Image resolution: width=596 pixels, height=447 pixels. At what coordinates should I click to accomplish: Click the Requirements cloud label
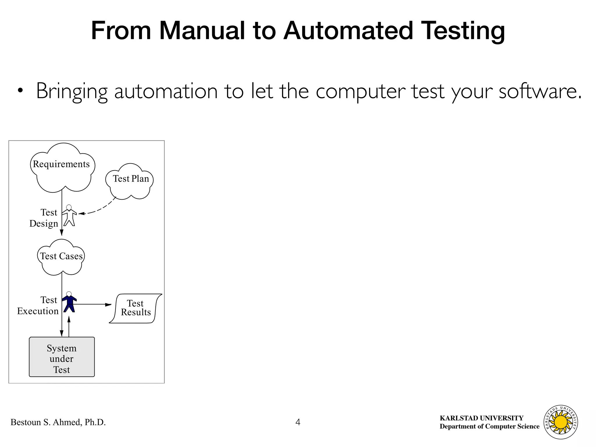(x=61, y=164)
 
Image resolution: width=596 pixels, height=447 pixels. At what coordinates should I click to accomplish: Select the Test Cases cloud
(x=61, y=256)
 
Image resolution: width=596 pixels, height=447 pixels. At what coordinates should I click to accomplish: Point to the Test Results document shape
(x=136, y=308)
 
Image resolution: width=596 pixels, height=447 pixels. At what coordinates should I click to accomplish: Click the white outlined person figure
(x=69, y=216)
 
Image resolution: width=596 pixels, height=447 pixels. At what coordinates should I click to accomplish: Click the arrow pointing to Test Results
(x=93, y=305)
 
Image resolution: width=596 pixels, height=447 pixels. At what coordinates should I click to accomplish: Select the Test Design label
(x=44, y=218)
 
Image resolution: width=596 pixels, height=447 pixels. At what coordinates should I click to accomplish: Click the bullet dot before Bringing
(x=20, y=91)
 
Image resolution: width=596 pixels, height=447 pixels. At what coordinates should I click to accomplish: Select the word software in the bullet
(x=540, y=91)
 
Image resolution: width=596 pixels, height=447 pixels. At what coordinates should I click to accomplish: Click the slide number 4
(x=298, y=422)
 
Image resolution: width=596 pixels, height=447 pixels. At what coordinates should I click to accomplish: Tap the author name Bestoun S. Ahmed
(x=58, y=422)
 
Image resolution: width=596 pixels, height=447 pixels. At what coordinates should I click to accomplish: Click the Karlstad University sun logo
(x=560, y=422)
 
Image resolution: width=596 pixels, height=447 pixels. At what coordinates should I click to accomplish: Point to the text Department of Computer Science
(x=489, y=427)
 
